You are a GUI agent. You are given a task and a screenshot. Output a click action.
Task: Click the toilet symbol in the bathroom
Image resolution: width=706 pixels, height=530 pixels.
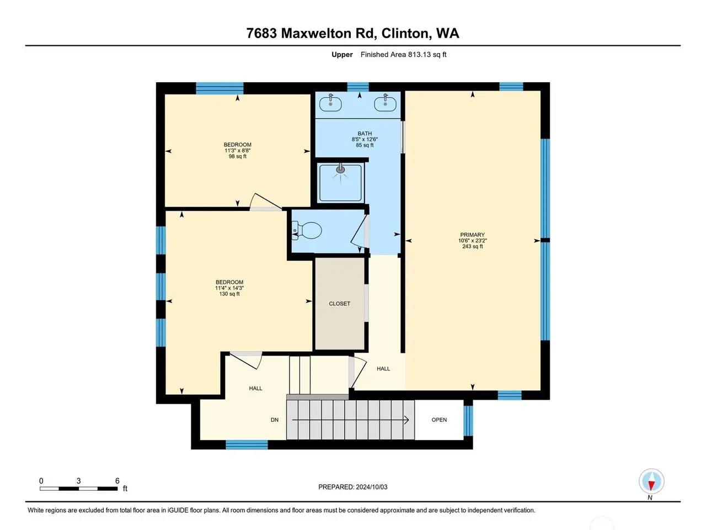[307, 231]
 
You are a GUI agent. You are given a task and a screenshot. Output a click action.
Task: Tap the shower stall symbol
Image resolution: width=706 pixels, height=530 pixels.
[340, 183]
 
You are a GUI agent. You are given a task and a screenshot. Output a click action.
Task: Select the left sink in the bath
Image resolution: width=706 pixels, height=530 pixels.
[330, 103]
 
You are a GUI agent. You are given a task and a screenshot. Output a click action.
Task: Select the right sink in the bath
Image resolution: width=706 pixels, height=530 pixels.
[386, 103]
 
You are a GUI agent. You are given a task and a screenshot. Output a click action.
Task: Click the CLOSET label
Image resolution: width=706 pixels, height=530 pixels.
[339, 304]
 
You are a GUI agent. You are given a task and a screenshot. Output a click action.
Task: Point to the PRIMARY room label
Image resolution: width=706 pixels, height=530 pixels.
[472, 235]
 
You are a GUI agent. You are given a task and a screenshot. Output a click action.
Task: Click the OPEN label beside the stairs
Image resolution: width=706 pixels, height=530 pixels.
[439, 420]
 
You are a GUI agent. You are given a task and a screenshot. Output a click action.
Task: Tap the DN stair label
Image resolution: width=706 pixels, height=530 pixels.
[274, 420]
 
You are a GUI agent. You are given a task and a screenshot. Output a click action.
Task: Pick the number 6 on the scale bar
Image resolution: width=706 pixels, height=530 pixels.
[117, 481]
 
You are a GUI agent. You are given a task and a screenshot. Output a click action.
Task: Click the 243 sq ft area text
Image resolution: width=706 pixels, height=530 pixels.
[473, 246]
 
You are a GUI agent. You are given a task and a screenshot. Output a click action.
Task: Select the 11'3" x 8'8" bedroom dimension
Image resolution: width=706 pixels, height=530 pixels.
[237, 151]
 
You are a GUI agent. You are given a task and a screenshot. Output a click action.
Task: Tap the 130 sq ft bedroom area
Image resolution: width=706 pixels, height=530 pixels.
[229, 294]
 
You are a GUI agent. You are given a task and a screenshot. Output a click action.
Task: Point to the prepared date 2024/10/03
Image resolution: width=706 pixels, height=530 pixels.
[372, 487]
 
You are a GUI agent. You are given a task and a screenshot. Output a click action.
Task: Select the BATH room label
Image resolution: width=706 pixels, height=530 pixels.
[365, 133]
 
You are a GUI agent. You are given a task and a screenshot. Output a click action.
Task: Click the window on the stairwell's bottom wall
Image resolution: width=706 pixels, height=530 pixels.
[247, 444]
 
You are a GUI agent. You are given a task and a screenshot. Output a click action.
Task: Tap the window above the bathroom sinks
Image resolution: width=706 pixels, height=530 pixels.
[357, 87]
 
